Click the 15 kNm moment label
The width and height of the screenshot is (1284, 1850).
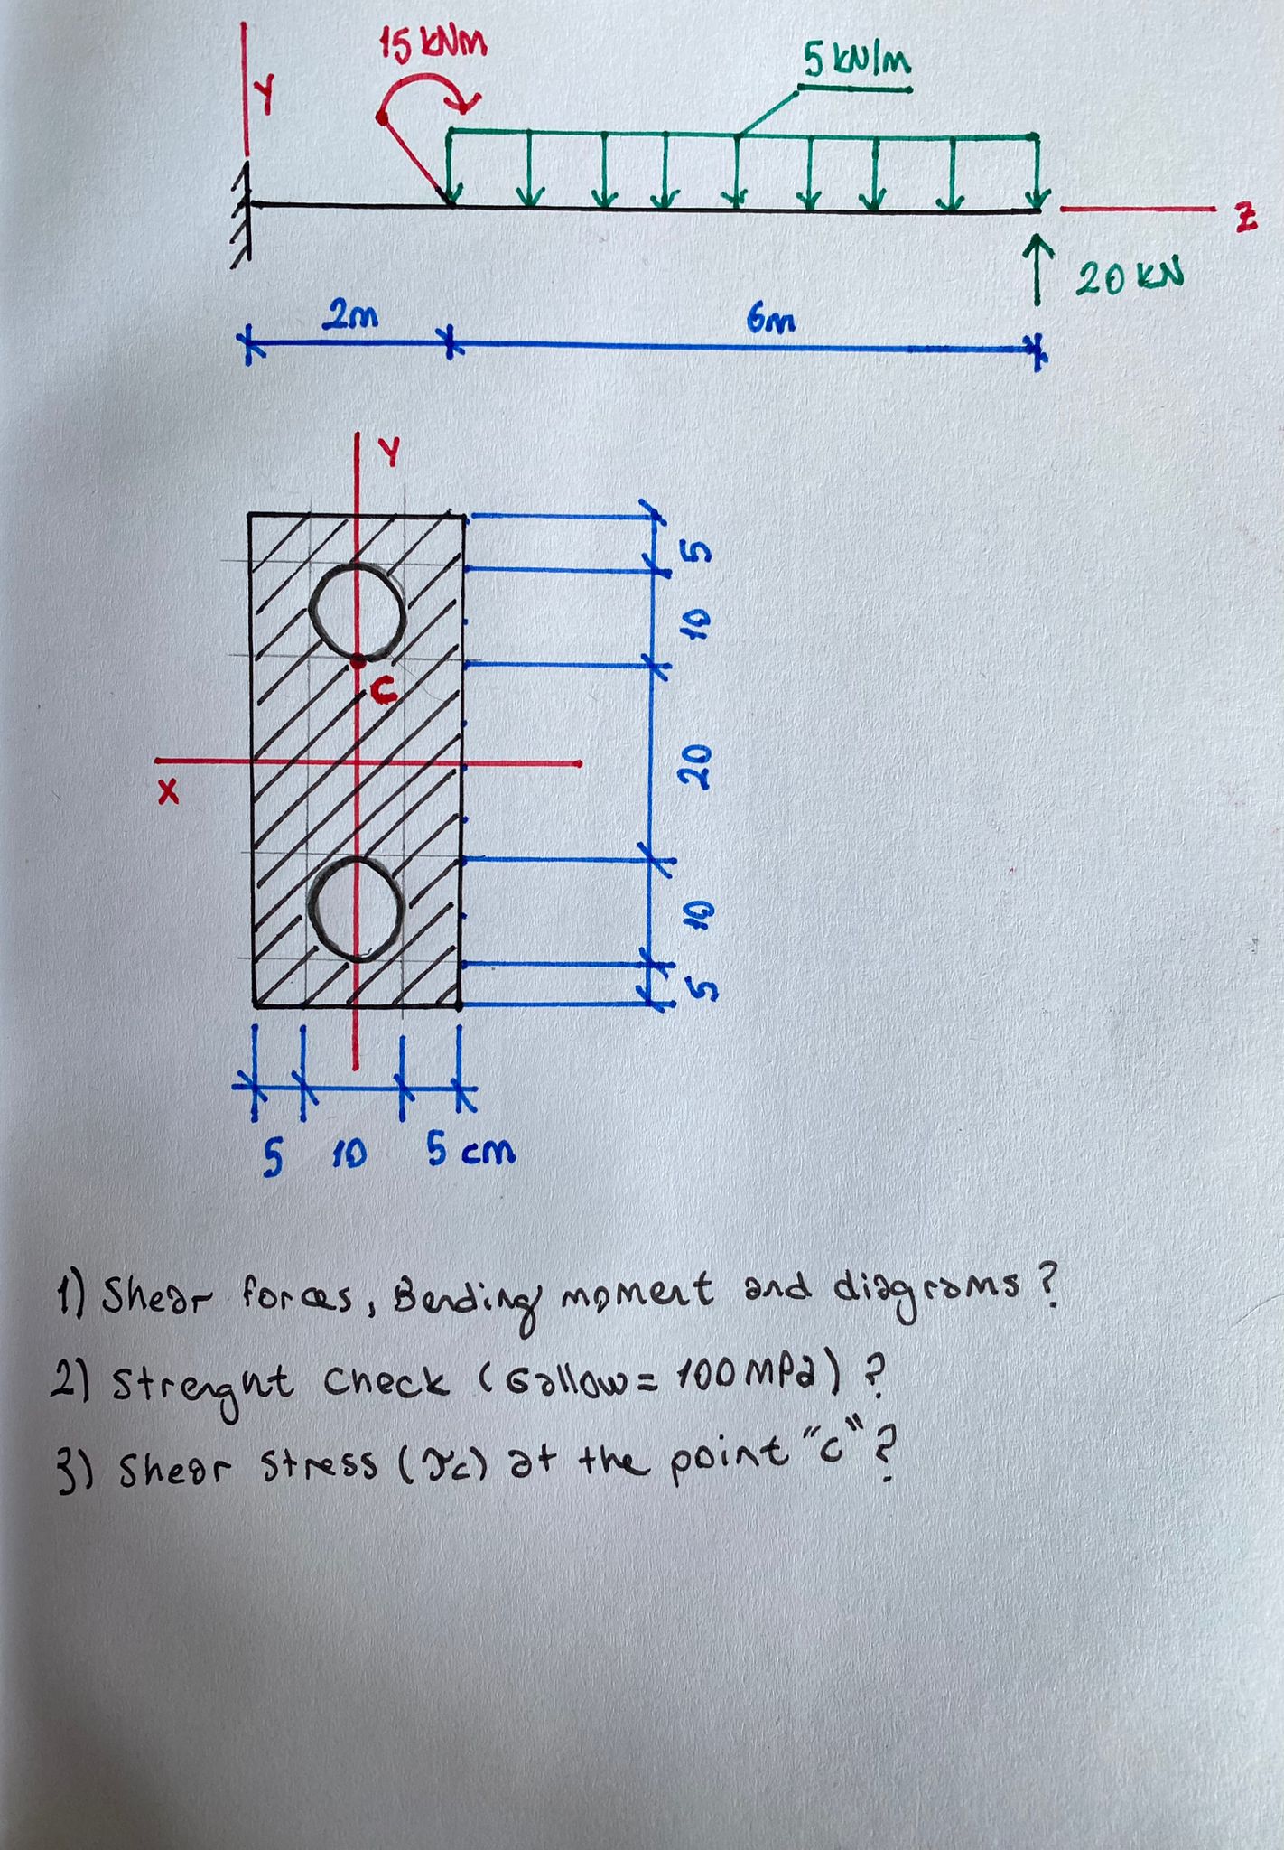(433, 42)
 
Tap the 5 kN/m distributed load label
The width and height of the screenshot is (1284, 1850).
(857, 61)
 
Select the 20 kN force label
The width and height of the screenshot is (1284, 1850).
(1129, 277)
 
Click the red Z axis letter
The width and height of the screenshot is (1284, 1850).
(1246, 220)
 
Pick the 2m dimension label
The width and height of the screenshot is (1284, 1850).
(350, 316)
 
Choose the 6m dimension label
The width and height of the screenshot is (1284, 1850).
(771, 319)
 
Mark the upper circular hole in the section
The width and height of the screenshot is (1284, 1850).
(357, 612)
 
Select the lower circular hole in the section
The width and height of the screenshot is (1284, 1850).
(358, 908)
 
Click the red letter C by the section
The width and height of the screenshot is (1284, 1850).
(383, 691)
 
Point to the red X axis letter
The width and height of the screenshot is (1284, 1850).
(168, 792)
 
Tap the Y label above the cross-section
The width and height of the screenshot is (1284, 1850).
(389, 452)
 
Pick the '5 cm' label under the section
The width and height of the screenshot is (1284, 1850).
(470, 1151)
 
